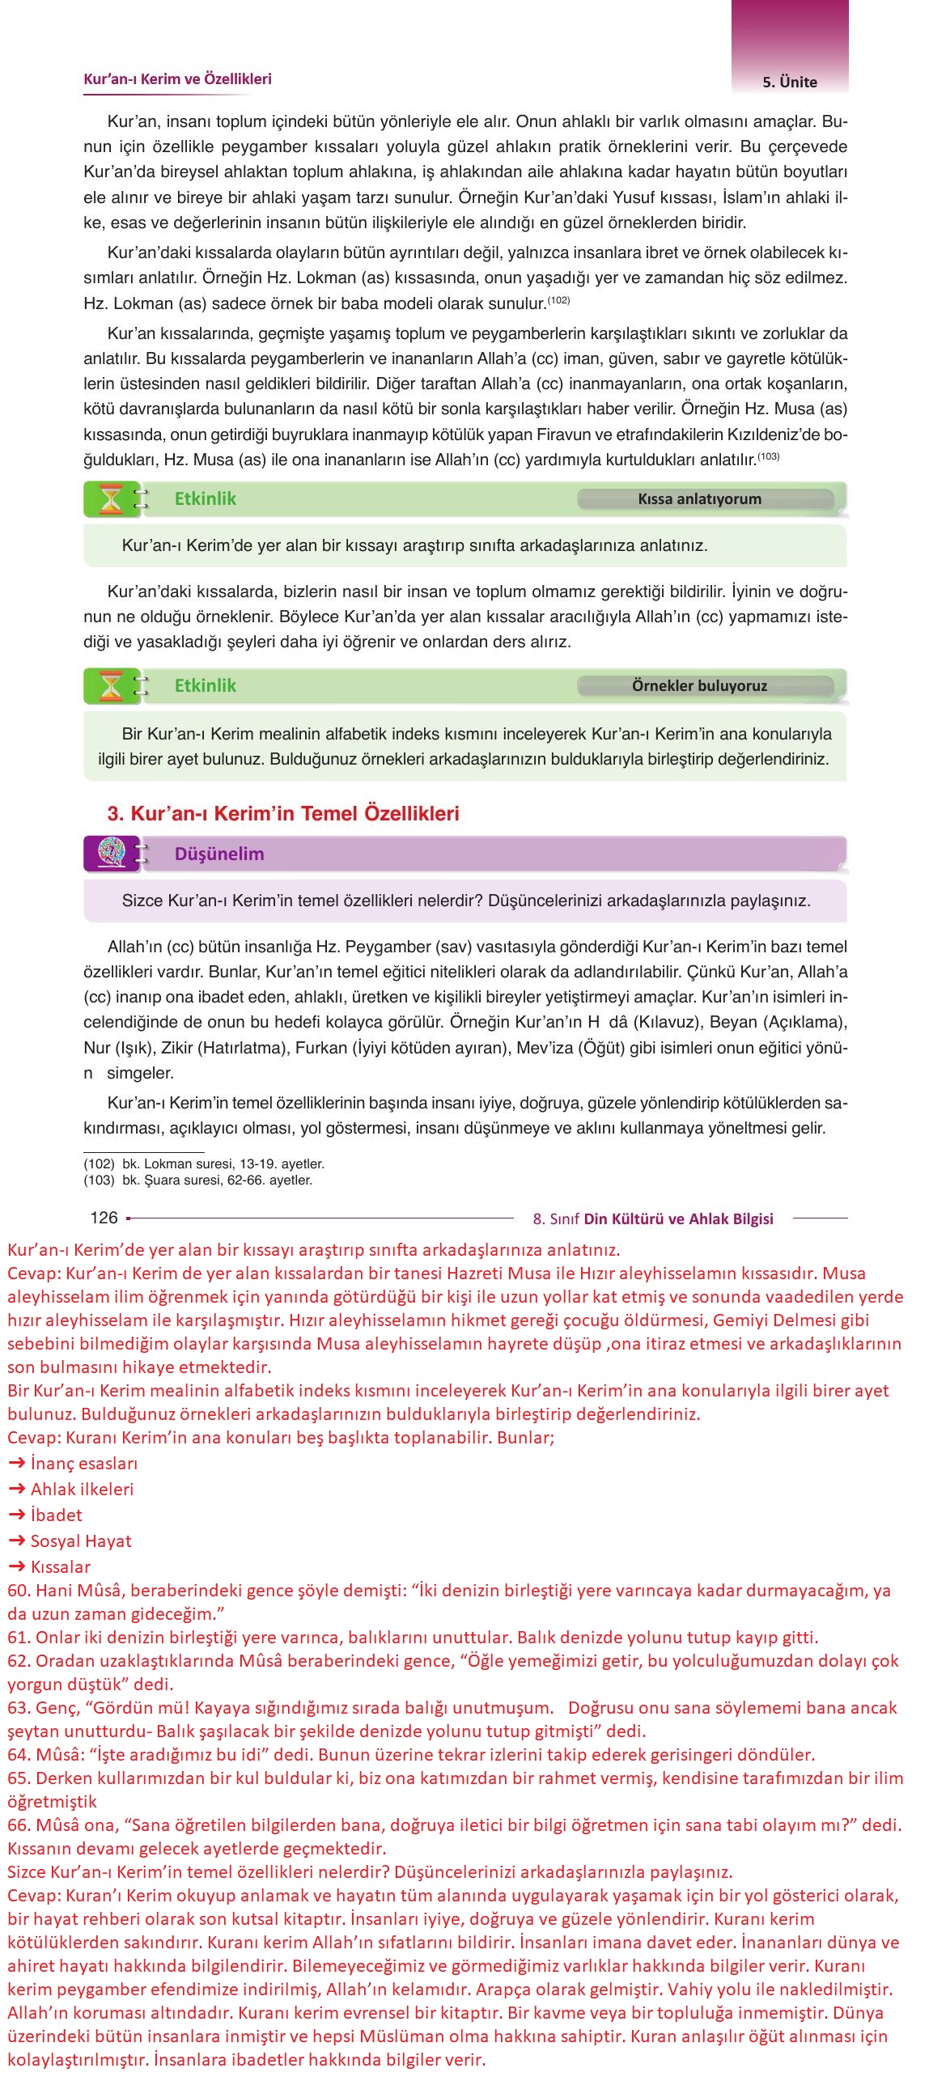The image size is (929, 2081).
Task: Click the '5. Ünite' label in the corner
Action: [x=789, y=82]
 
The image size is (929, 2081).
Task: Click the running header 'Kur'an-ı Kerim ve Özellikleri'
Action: [x=177, y=79]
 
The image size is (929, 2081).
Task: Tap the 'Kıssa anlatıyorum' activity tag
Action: [x=699, y=499]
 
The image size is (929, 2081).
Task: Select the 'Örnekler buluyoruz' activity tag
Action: [x=699, y=686]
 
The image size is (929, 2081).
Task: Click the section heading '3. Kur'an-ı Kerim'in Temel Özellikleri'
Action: [x=283, y=813]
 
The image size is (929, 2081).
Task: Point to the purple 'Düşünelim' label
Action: [x=219, y=854]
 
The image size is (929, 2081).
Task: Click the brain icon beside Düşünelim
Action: [x=111, y=854]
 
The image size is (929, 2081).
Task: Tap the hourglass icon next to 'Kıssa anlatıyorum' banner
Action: [x=111, y=499]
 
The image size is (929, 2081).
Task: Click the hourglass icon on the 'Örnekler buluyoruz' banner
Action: [x=111, y=686]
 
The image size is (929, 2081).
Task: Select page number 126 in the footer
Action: [x=104, y=1218]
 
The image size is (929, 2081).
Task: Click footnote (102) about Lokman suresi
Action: [x=204, y=1164]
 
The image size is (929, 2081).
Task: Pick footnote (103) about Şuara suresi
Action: [x=198, y=1180]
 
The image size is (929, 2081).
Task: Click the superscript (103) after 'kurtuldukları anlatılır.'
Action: [x=768, y=456]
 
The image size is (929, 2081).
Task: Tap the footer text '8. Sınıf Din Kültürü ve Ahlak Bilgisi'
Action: [x=653, y=1219]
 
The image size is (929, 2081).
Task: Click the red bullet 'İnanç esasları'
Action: [x=84, y=1463]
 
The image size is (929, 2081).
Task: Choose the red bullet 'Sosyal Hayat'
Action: [x=81, y=1541]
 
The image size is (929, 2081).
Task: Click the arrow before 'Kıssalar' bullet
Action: [x=16, y=1566]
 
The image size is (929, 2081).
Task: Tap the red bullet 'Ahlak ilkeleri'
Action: [x=82, y=1489]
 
